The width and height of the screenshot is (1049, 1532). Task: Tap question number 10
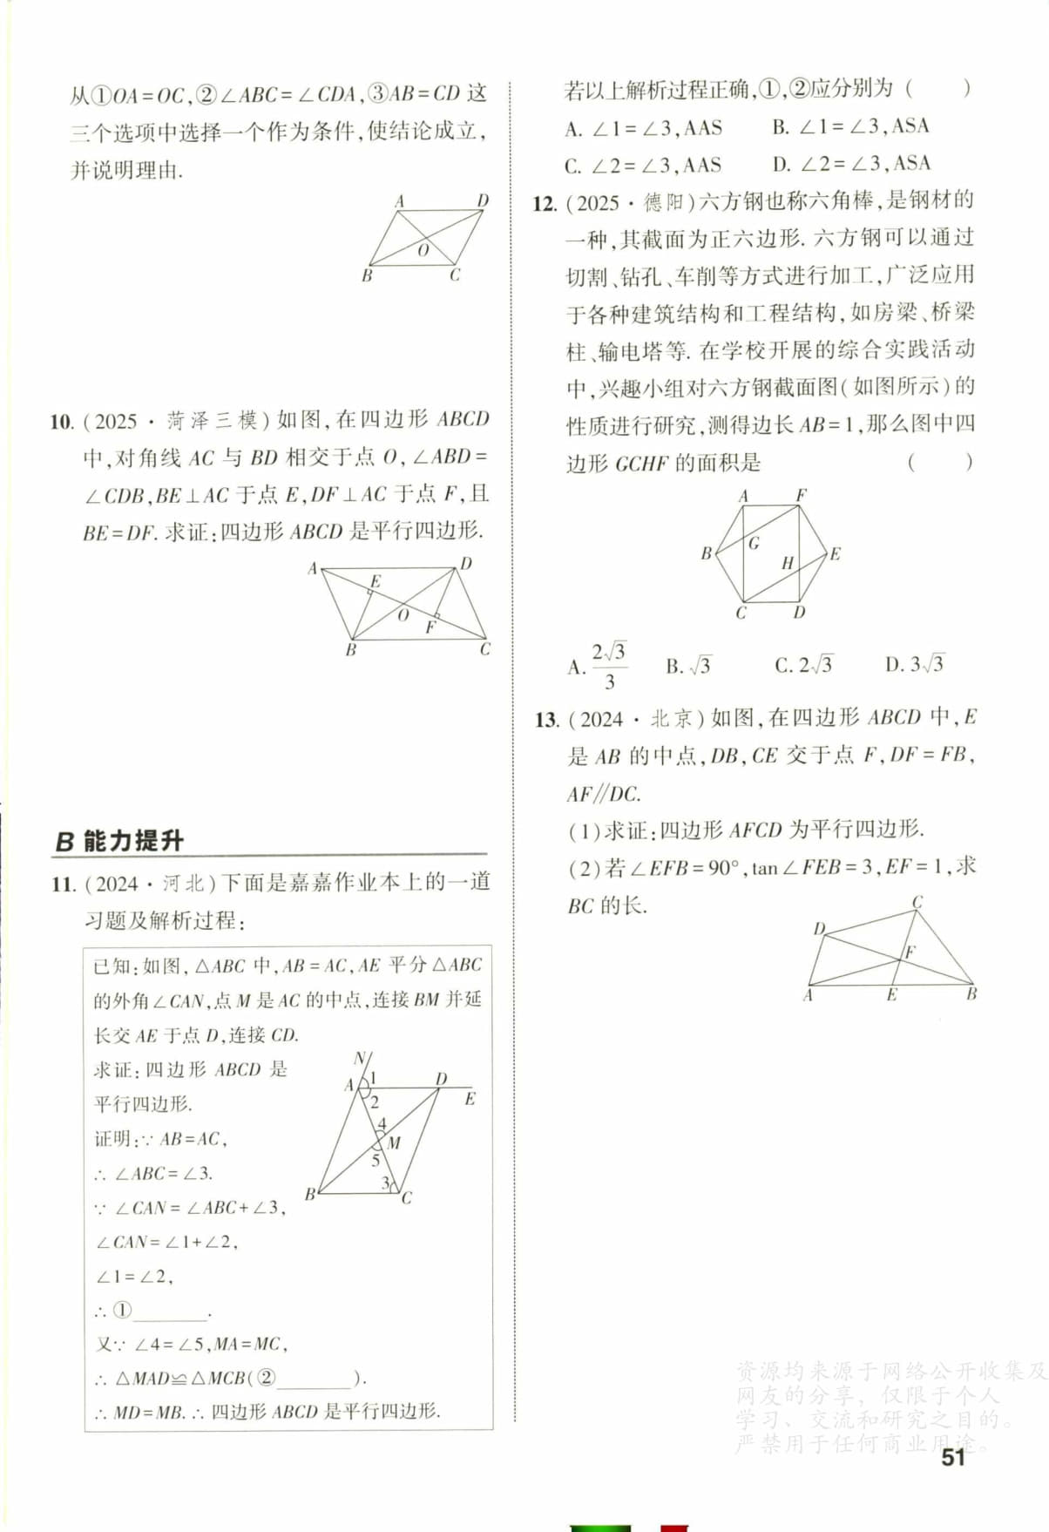coord(62,422)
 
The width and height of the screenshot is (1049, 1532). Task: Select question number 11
coord(64,884)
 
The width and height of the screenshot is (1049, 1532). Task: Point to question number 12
coord(545,204)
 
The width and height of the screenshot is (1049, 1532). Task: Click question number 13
coord(546,720)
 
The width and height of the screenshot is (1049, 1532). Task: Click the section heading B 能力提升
coord(119,841)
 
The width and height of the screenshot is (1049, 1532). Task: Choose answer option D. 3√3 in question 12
coord(914,665)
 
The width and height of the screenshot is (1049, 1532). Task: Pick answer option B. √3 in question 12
coord(688,667)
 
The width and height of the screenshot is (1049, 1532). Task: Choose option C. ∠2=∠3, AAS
coord(643,166)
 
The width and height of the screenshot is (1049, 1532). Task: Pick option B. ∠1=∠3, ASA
coord(850,127)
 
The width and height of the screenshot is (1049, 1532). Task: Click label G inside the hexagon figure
coord(754,543)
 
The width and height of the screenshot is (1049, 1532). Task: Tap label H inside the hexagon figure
coord(787,563)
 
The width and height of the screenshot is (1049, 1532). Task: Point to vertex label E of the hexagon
coord(835,554)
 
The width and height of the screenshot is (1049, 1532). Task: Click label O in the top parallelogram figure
coord(423,250)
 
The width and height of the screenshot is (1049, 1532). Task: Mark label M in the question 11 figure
coord(394,1142)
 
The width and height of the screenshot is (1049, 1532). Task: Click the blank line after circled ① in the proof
coord(171,1312)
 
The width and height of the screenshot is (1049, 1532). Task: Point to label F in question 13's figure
coord(910,952)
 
